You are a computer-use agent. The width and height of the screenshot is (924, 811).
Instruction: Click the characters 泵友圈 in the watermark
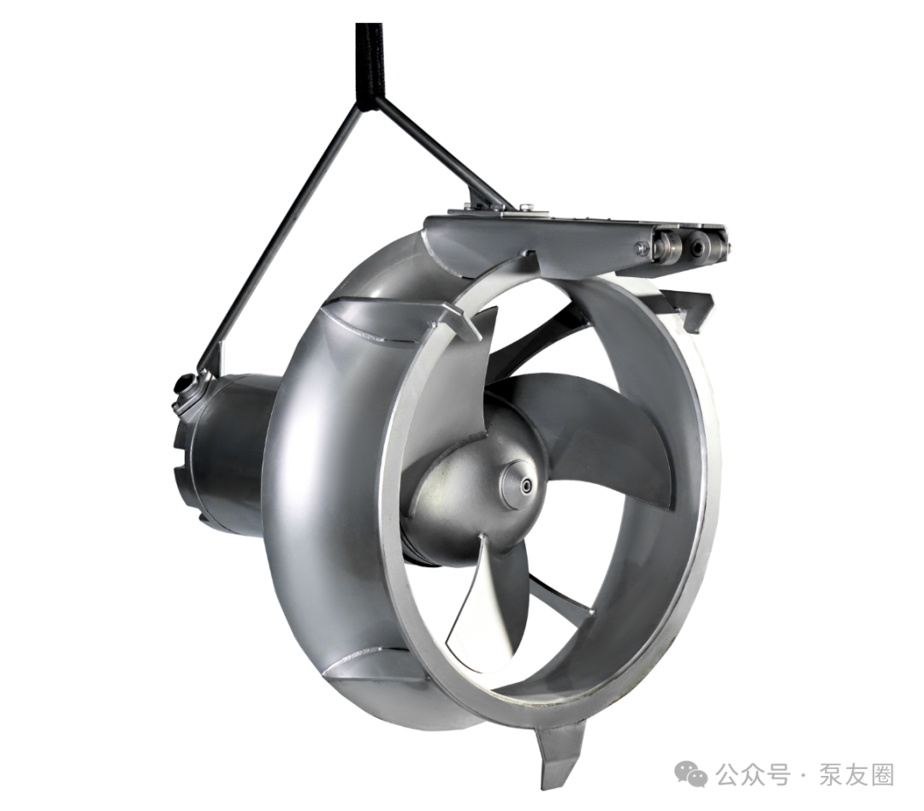pos(856,774)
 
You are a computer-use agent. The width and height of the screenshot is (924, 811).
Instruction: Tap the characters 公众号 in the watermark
pos(753,774)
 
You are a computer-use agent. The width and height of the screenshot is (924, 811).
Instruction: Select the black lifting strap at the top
pos(370,65)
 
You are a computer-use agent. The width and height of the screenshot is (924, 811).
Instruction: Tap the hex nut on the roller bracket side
pos(639,248)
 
